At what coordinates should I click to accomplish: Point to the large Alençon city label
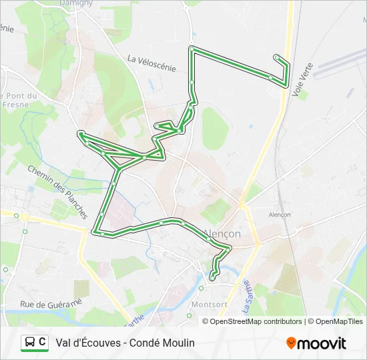tap(221, 234)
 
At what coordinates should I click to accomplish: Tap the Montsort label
tap(209, 304)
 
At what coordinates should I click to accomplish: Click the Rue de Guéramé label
tap(50, 303)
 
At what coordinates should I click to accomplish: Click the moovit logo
tap(316, 343)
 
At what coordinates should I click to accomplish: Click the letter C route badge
tap(43, 343)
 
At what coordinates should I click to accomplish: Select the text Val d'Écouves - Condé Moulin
tap(125, 343)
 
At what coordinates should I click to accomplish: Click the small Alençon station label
tap(280, 215)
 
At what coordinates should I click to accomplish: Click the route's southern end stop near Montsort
tap(212, 277)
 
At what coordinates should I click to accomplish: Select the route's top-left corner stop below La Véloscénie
tap(192, 49)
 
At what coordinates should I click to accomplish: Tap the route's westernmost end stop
tap(81, 133)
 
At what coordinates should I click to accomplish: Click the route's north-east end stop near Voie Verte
tap(276, 57)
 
